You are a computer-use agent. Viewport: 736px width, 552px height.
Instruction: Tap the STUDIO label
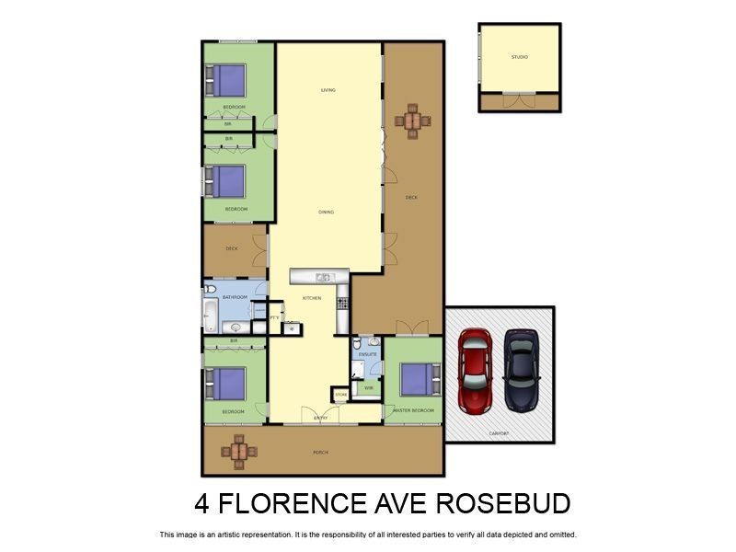[x=520, y=57]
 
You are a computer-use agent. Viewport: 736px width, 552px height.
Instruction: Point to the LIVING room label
[x=328, y=90]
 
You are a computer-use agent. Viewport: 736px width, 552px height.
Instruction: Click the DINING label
[x=326, y=212]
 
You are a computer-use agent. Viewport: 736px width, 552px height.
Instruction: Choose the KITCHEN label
[x=312, y=298]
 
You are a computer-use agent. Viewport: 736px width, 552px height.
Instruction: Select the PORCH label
[x=320, y=452]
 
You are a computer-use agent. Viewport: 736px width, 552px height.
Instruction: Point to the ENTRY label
[x=321, y=418]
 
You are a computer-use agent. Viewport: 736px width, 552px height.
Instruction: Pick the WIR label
[x=368, y=388]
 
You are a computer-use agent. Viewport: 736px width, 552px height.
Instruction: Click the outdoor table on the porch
[x=238, y=450]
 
